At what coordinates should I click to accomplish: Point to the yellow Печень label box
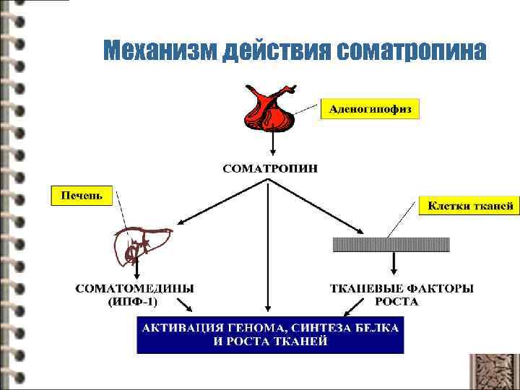pyautogui.click(x=82, y=195)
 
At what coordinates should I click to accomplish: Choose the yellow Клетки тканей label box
pyautogui.click(x=469, y=206)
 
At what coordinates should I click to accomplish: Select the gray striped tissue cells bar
pyautogui.click(x=391, y=244)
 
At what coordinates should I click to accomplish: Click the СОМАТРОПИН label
pyautogui.click(x=269, y=169)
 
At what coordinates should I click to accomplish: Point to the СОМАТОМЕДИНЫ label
pyautogui.click(x=135, y=289)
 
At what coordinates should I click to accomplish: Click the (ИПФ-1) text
pyautogui.click(x=135, y=301)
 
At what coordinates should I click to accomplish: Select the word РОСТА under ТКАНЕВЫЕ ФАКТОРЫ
pyautogui.click(x=396, y=301)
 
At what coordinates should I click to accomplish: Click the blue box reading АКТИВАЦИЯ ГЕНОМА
pyautogui.click(x=270, y=334)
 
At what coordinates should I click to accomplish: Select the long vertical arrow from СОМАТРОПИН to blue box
pyautogui.click(x=269, y=246)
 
